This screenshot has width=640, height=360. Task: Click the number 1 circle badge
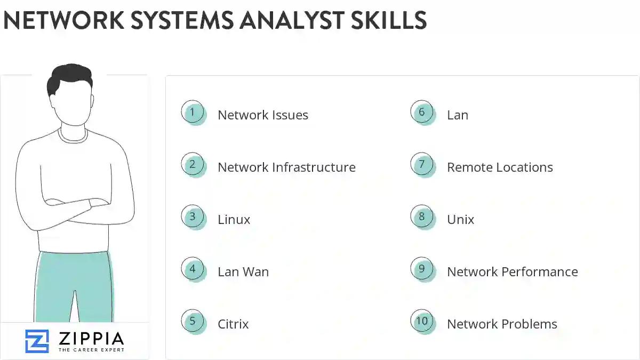tap(193, 113)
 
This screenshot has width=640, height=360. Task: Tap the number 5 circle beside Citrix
tap(193, 322)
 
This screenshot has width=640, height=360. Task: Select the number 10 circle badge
tap(422, 322)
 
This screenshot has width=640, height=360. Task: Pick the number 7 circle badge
tap(422, 165)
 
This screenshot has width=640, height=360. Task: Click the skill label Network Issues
tap(263, 115)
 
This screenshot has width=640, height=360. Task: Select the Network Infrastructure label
tap(286, 167)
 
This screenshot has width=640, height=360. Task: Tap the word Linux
tap(234, 220)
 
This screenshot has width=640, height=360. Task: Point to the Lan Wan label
tap(243, 272)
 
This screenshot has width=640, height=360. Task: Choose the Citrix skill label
tap(233, 324)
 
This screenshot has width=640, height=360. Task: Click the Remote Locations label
tap(500, 167)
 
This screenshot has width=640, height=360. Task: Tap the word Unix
tap(460, 220)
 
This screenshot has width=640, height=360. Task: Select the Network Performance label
tap(512, 272)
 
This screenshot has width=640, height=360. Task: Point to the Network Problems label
tap(502, 324)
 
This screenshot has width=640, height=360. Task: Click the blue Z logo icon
tap(37, 341)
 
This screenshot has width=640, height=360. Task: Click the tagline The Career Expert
tap(91, 350)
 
